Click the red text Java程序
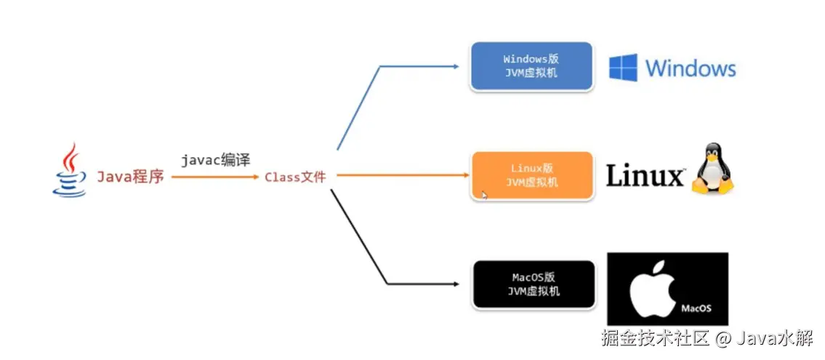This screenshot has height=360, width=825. click(x=131, y=176)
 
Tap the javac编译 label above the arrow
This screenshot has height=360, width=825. click(x=216, y=160)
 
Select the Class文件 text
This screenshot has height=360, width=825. click(x=295, y=177)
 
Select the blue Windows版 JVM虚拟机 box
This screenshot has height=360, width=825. click(x=531, y=66)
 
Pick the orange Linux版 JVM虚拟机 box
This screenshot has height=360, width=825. click(x=531, y=175)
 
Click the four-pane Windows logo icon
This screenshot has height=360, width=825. click(x=623, y=68)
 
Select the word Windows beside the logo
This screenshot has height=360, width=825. click(x=691, y=69)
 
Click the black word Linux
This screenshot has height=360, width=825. click(x=645, y=176)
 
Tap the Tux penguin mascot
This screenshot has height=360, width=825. click(x=712, y=170)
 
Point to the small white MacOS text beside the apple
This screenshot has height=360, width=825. click(x=696, y=308)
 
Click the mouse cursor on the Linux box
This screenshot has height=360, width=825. click(x=485, y=195)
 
